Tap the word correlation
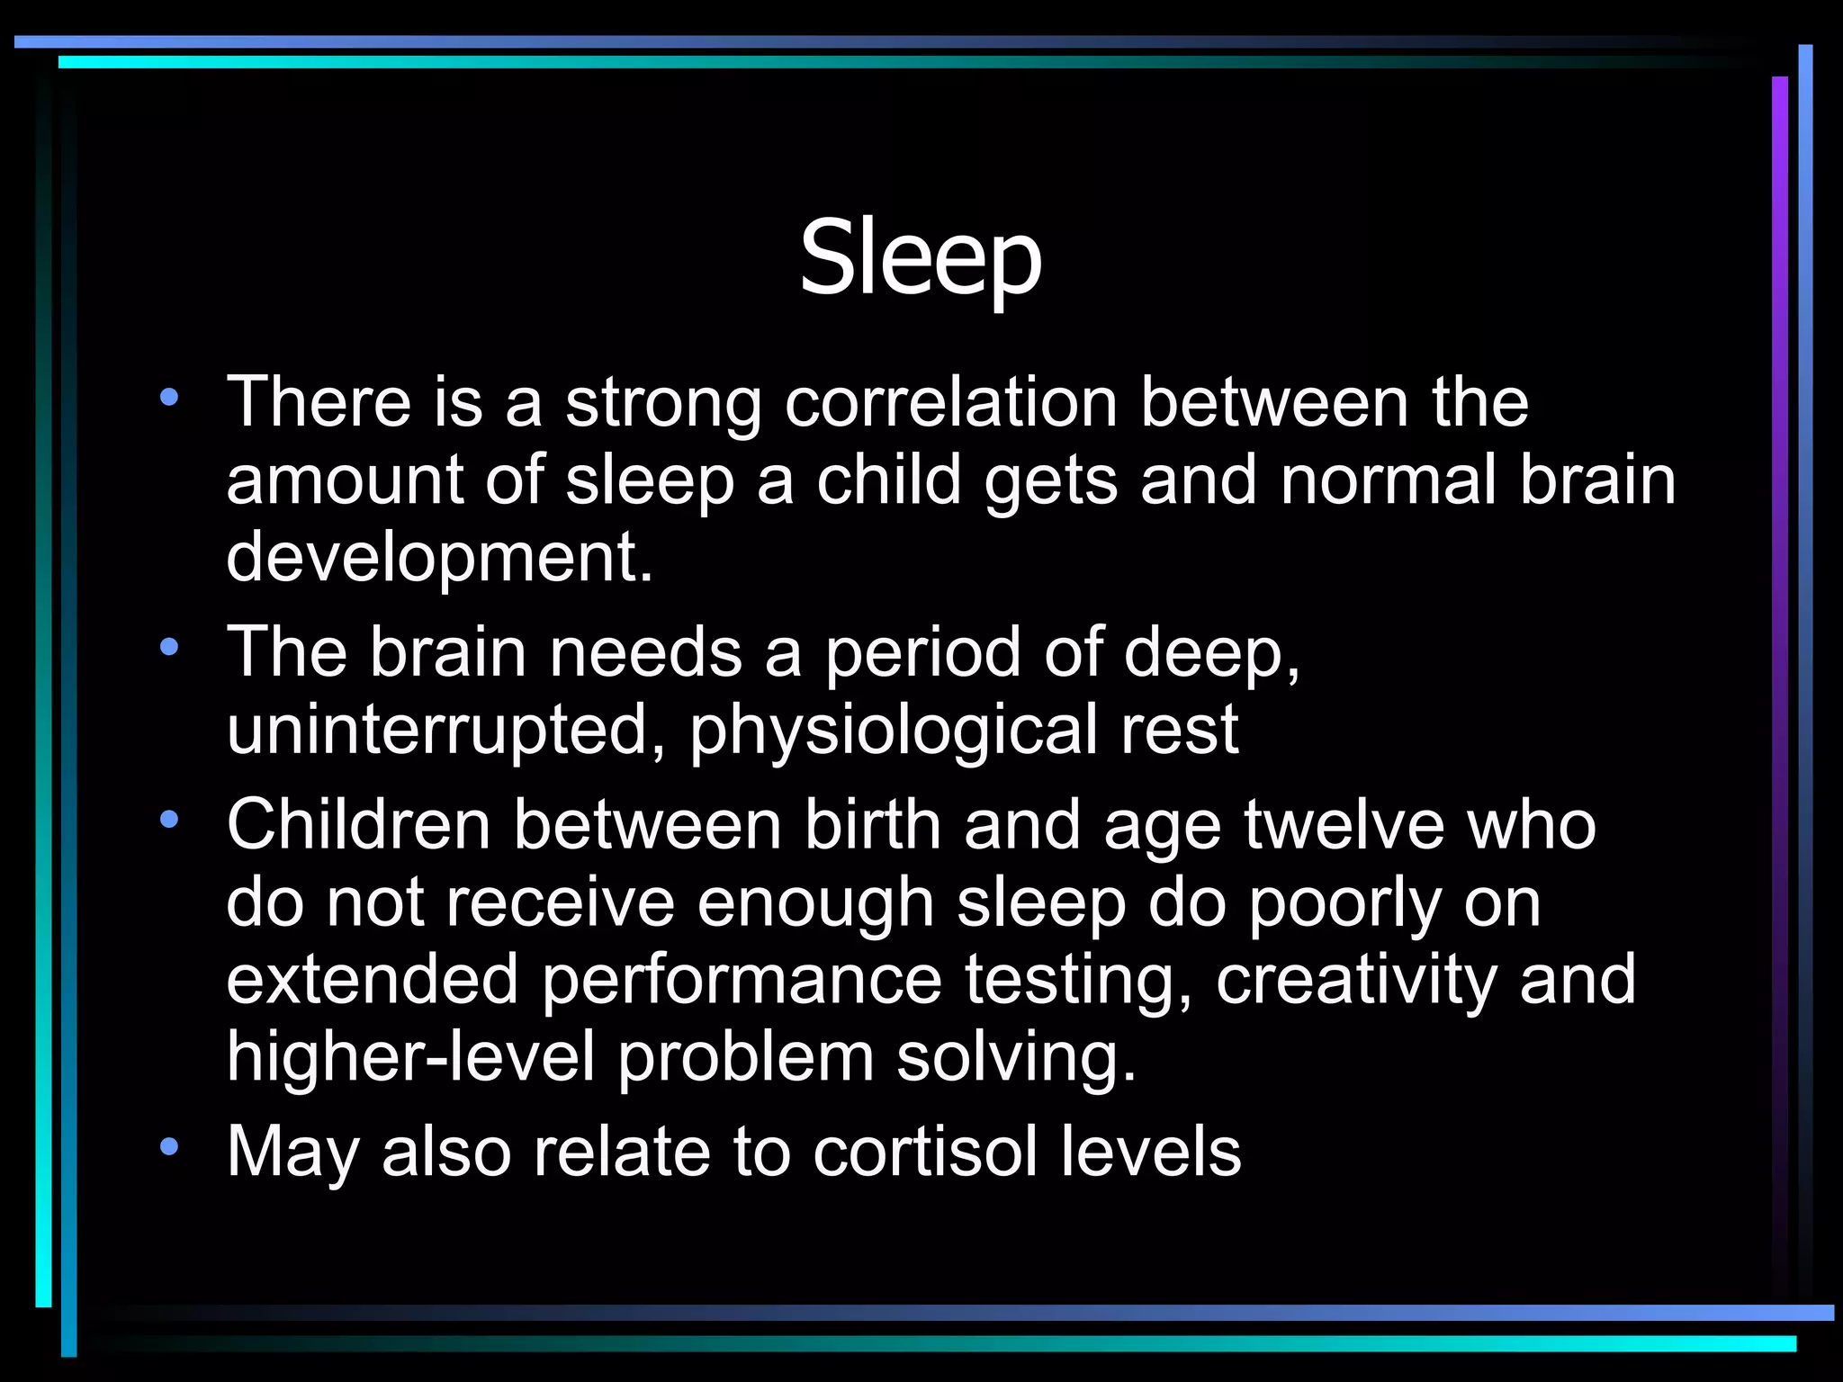click(x=951, y=402)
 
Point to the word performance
click(x=742, y=981)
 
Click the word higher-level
click(x=410, y=1056)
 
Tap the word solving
click(x=1017, y=1058)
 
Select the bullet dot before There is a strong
click(x=169, y=397)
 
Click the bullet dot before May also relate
click(x=169, y=1146)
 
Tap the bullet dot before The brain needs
click(x=169, y=647)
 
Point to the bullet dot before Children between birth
click(x=169, y=820)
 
